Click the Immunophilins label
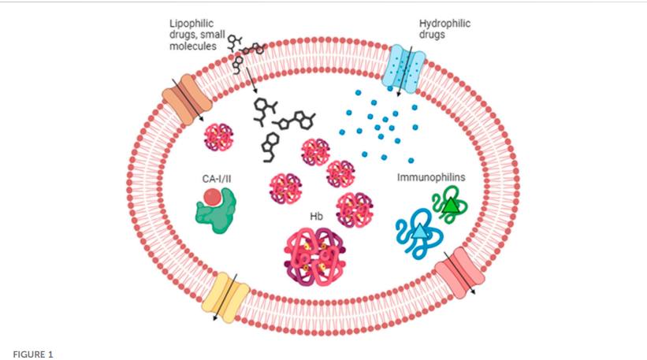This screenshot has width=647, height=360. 431,178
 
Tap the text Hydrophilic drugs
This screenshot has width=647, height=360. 444,29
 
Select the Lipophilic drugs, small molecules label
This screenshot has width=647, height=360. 191,35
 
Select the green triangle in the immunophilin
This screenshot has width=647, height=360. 450,206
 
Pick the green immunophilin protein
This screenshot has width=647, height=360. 448,207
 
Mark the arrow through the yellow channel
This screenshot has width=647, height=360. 224,297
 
